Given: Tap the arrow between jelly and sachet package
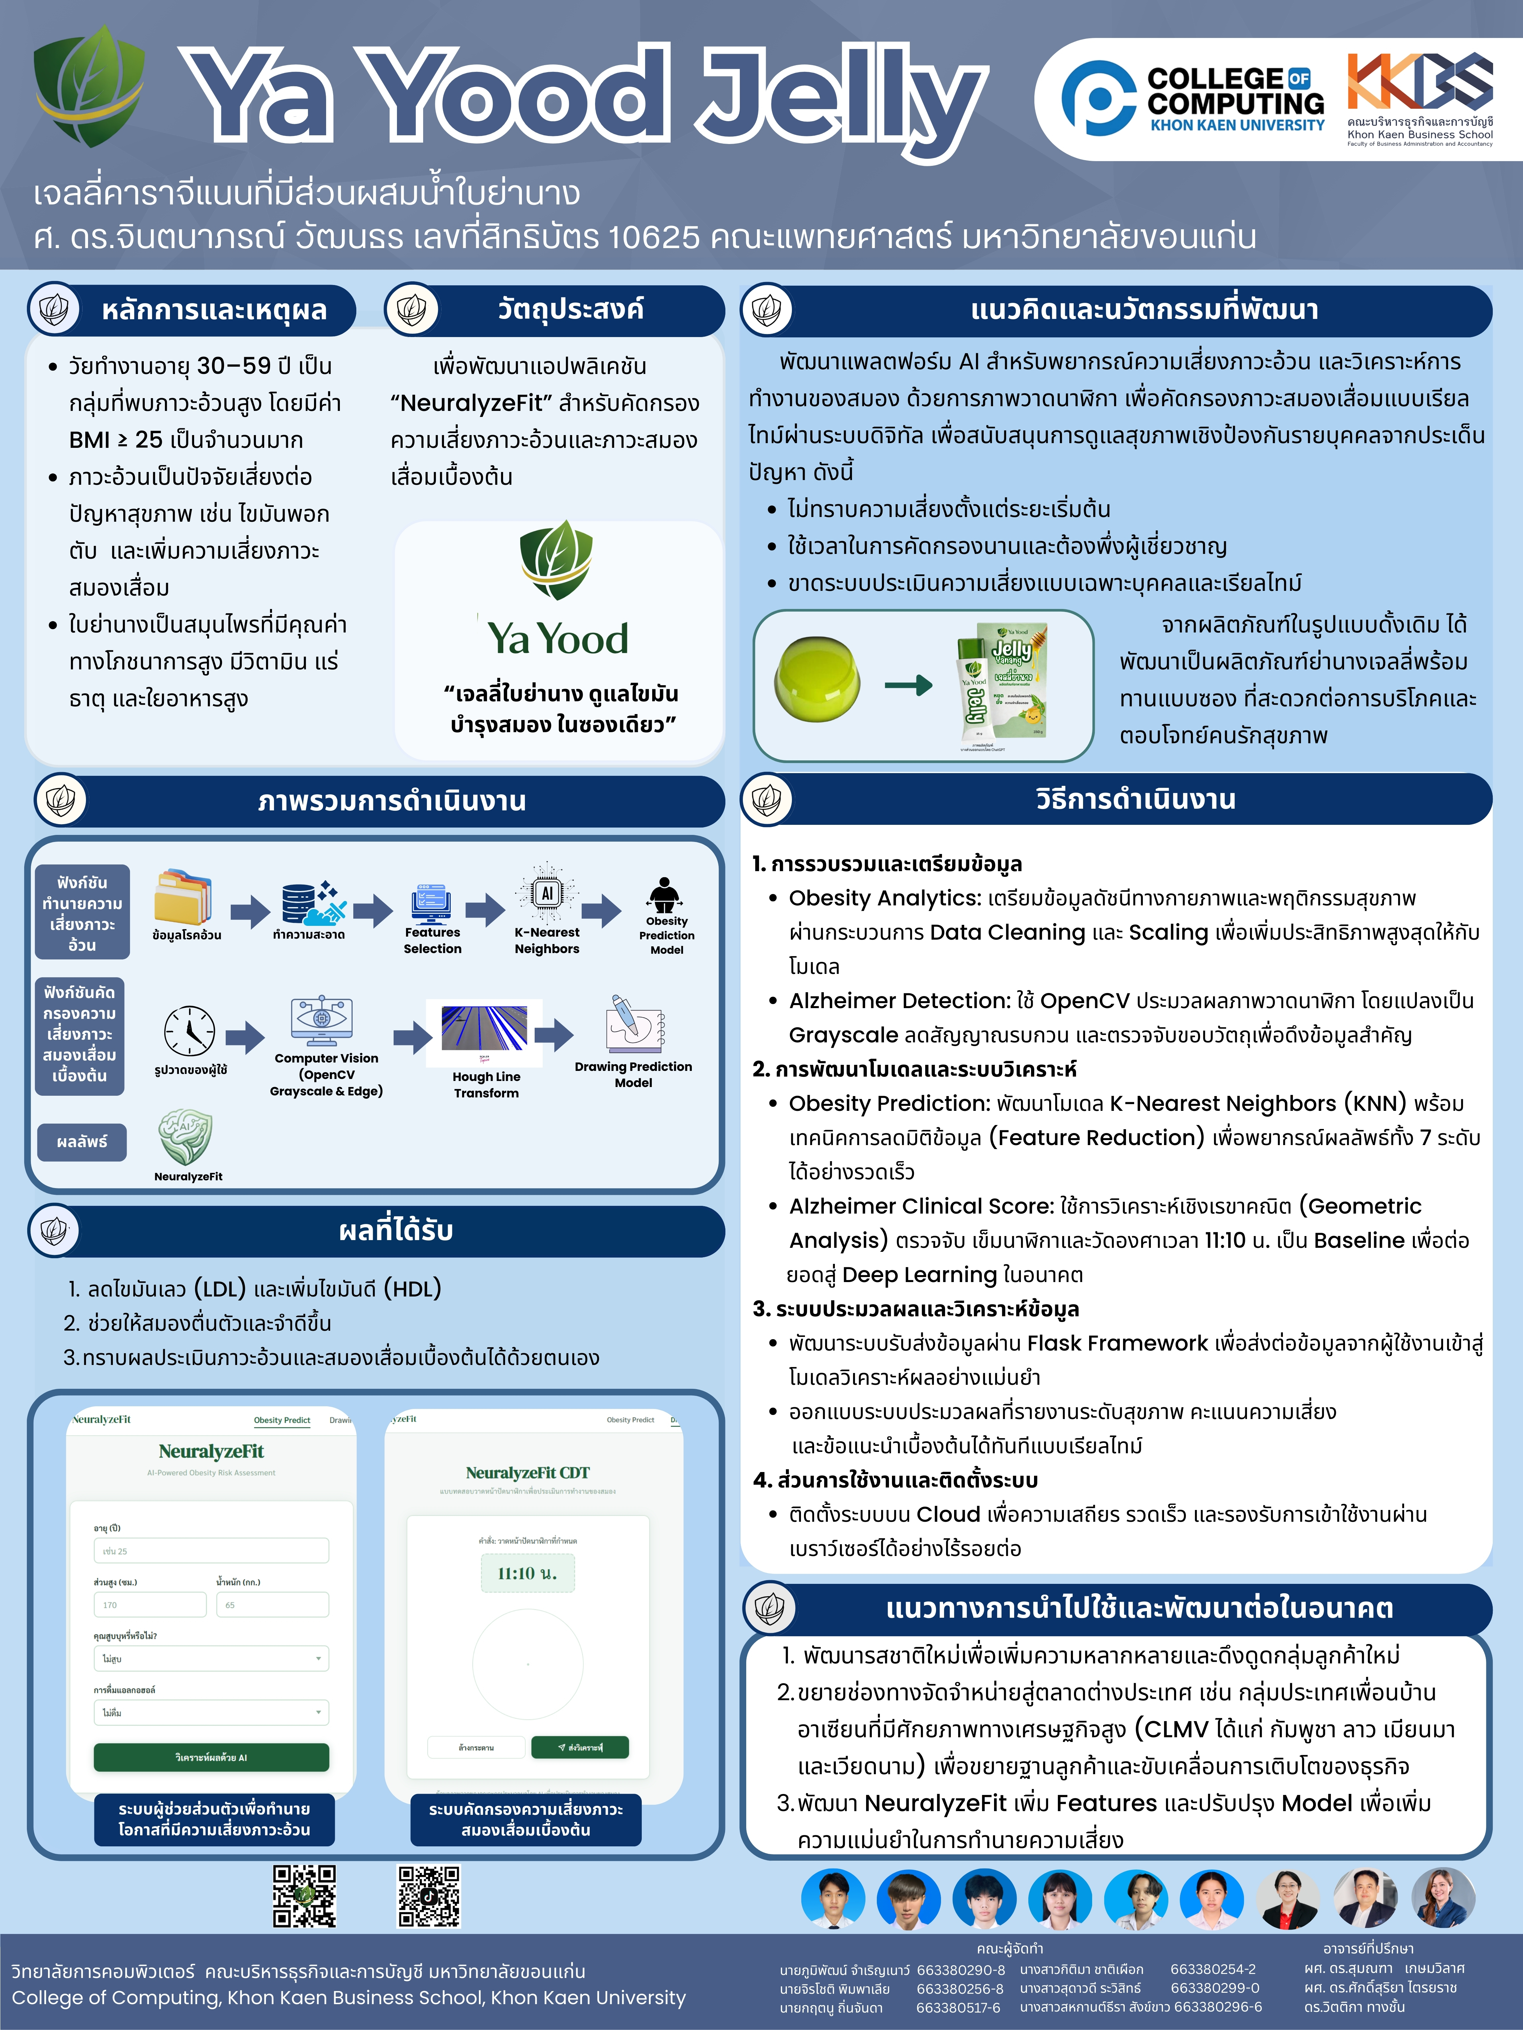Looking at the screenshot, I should [x=908, y=684].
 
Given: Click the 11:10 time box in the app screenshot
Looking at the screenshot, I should [x=528, y=1573].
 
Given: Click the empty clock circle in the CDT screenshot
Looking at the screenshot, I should [x=528, y=1663].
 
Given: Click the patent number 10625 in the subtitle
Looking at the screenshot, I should [x=653, y=237].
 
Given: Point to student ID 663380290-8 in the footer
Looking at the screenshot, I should [x=960, y=1970].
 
